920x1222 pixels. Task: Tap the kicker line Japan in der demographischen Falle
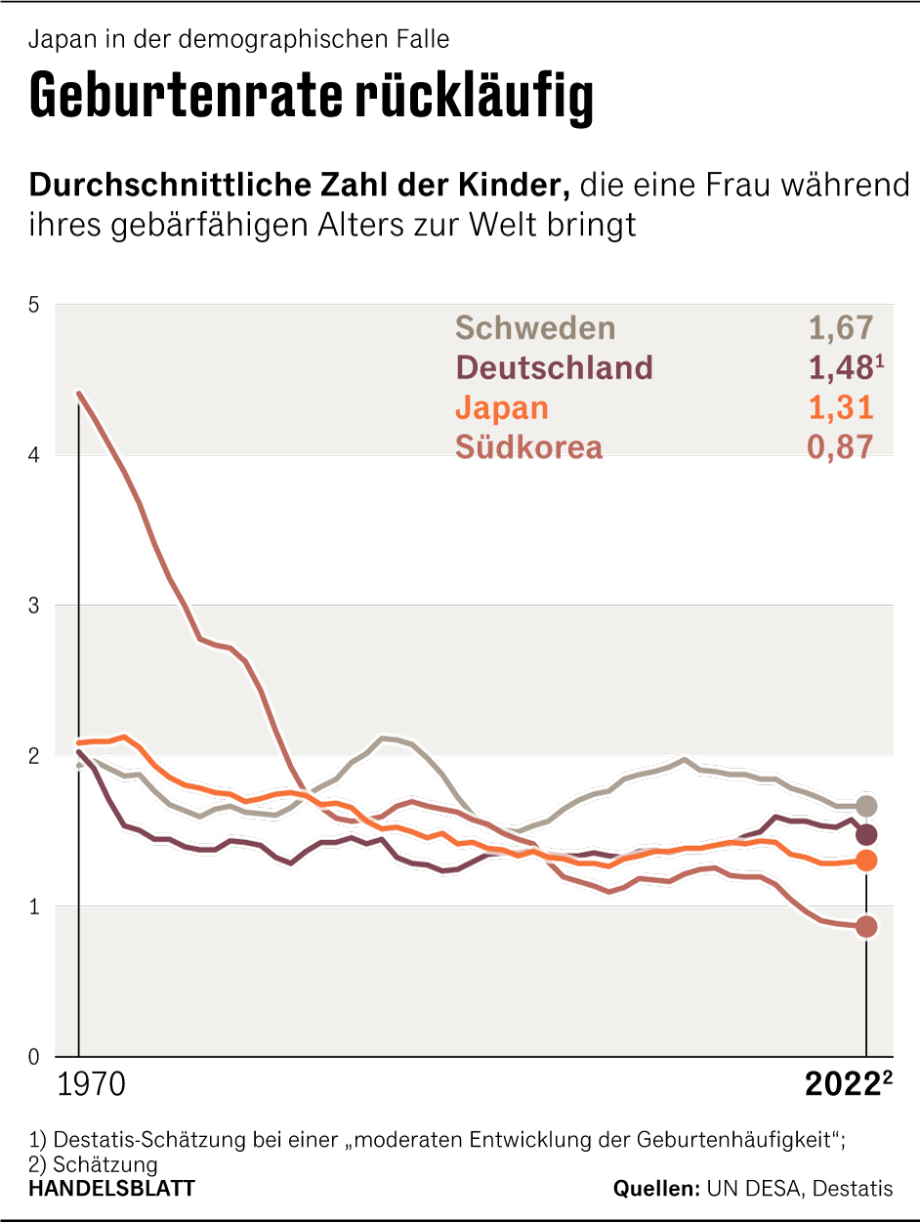point(239,40)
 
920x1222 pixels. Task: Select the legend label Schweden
point(535,328)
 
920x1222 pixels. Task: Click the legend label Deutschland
point(554,367)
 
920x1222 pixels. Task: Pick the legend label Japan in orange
point(502,407)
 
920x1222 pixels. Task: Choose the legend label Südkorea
point(528,447)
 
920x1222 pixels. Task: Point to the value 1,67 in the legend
point(840,328)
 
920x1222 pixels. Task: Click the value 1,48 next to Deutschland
point(840,367)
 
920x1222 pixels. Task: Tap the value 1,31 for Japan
point(840,407)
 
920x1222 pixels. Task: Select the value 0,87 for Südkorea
point(840,447)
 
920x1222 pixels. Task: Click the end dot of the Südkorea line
point(866,927)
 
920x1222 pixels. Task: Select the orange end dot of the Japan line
point(866,861)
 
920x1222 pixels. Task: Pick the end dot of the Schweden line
point(866,806)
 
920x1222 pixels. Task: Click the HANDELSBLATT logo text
point(111,1189)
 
